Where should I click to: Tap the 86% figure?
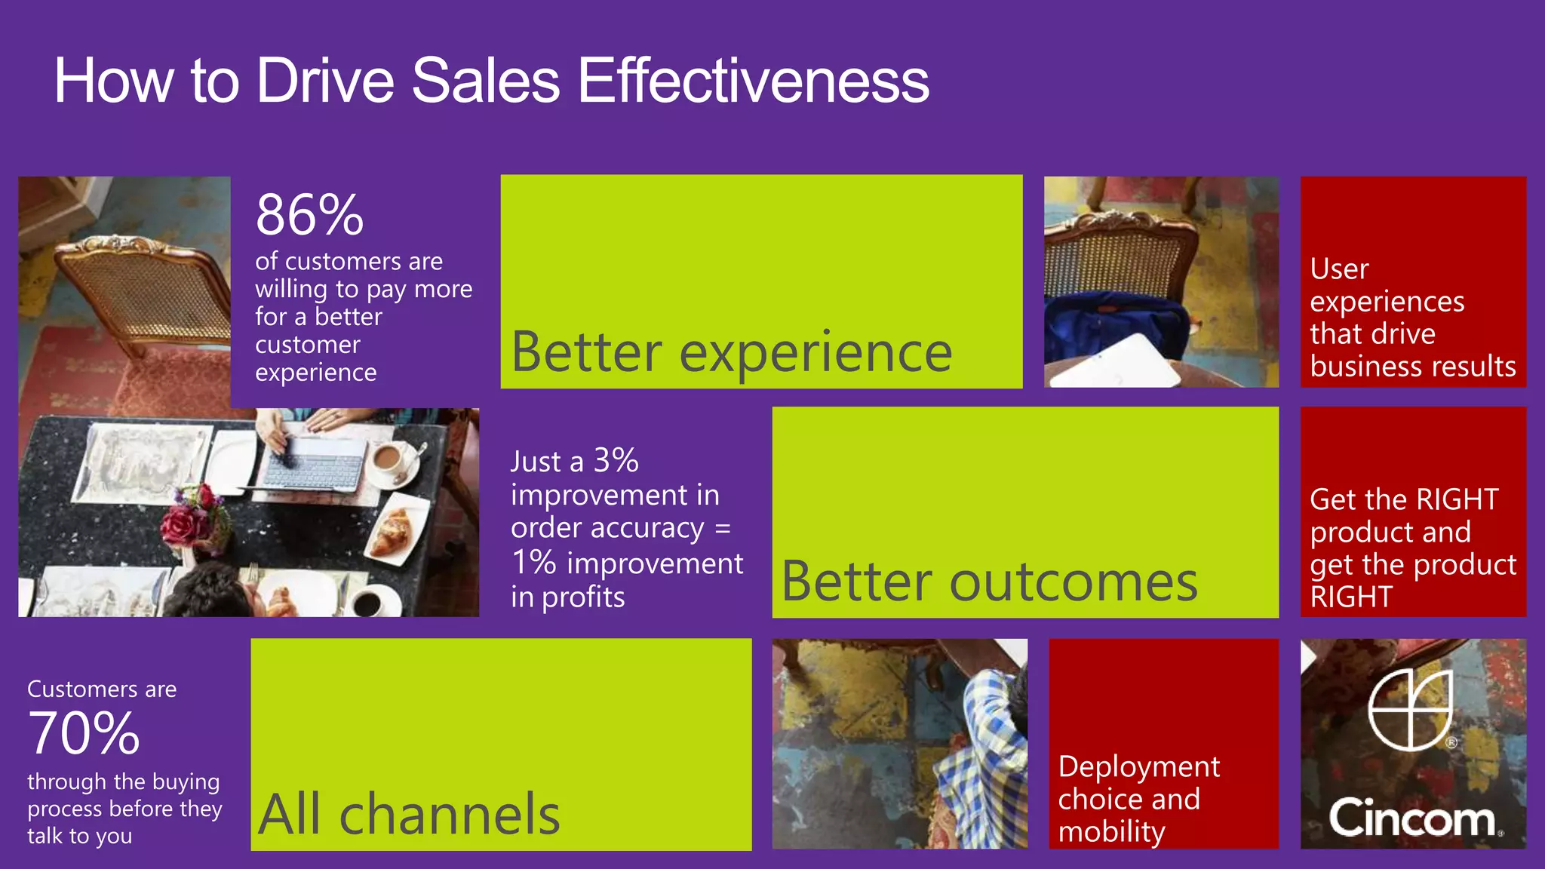coord(309,215)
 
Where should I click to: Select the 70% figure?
coord(84,733)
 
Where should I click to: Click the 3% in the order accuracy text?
coord(616,460)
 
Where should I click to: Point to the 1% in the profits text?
coord(533,563)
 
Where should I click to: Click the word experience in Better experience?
coord(816,353)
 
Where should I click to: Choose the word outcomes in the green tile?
coord(1073,582)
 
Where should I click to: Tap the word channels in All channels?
coord(450,815)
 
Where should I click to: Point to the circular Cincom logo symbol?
coord(1410,709)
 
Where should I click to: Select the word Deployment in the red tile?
coord(1138,766)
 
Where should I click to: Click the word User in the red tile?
coord(1339,269)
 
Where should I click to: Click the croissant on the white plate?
coord(392,531)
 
